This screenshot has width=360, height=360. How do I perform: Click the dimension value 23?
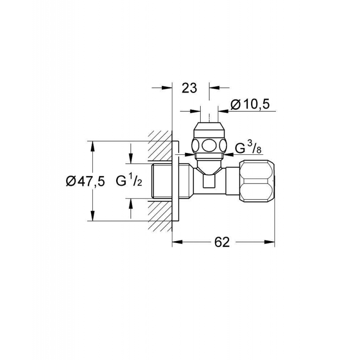[x=189, y=88]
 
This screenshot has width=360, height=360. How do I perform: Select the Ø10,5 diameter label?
[x=250, y=105]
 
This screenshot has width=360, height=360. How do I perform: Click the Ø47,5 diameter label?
[x=85, y=181]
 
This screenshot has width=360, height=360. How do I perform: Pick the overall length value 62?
[x=222, y=242]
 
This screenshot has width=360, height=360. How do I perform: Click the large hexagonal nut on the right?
[x=256, y=181]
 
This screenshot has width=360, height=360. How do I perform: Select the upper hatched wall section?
[x=160, y=145]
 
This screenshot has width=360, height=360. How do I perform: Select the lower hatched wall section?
[x=160, y=216]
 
